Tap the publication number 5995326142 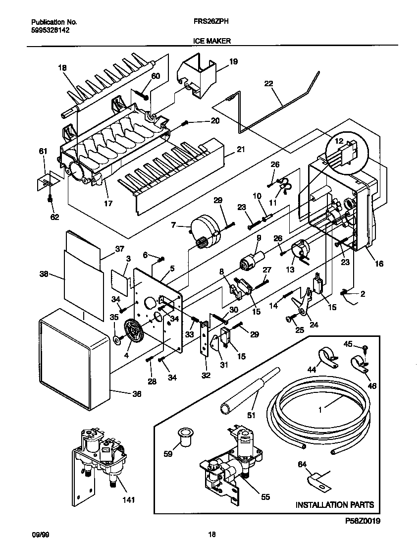tap(50, 30)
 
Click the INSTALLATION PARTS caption tap(334, 505)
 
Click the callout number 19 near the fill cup tap(233, 62)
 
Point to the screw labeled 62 tap(50, 200)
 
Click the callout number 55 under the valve tap(265, 497)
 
